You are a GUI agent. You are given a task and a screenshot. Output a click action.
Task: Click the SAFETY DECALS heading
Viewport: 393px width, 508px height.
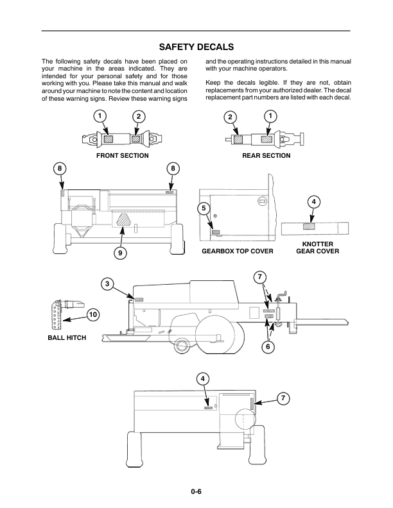pos(196,47)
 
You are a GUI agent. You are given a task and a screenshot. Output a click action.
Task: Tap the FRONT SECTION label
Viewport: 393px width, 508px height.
pos(122,156)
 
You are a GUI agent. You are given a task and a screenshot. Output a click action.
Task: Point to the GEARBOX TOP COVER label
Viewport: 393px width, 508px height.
pos(238,251)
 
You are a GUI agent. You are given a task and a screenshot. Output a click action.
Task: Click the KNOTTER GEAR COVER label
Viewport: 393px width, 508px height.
pos(317,248)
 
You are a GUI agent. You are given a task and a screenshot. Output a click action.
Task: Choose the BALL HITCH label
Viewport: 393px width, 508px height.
pos(67,337)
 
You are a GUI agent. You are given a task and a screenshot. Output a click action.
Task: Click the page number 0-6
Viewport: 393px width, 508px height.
pos(196,492)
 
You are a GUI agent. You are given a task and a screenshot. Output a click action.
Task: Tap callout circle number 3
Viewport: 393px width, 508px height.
pos(109,284)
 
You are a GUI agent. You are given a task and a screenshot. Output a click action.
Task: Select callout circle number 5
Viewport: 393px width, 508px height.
pos(203,208)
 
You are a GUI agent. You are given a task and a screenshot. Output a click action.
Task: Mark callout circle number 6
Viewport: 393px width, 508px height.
pos(268,347)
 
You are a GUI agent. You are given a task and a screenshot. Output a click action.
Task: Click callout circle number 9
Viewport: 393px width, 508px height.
pos(119,253)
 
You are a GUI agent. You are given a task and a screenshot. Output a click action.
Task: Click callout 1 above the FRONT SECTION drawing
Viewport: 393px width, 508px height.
pos(100,115)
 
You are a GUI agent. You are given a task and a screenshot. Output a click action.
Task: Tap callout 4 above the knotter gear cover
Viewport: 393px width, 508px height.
pos(313,202)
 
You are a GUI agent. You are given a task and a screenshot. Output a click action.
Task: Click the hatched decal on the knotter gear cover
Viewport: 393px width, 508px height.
pos(310,226)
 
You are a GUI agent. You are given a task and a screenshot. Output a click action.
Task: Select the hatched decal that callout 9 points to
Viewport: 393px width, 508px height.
pos(123,220)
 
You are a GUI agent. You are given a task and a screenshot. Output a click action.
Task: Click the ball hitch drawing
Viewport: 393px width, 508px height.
pos(65,311)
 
